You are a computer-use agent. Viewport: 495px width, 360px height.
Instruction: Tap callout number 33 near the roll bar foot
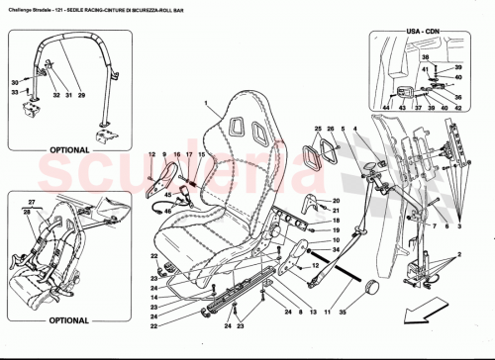pos(30,92)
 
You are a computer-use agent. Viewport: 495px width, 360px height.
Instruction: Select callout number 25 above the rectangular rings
pos(318,130)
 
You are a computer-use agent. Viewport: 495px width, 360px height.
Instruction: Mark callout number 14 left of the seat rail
pos(154,297)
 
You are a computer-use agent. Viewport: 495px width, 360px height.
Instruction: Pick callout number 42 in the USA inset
pos(458,64)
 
